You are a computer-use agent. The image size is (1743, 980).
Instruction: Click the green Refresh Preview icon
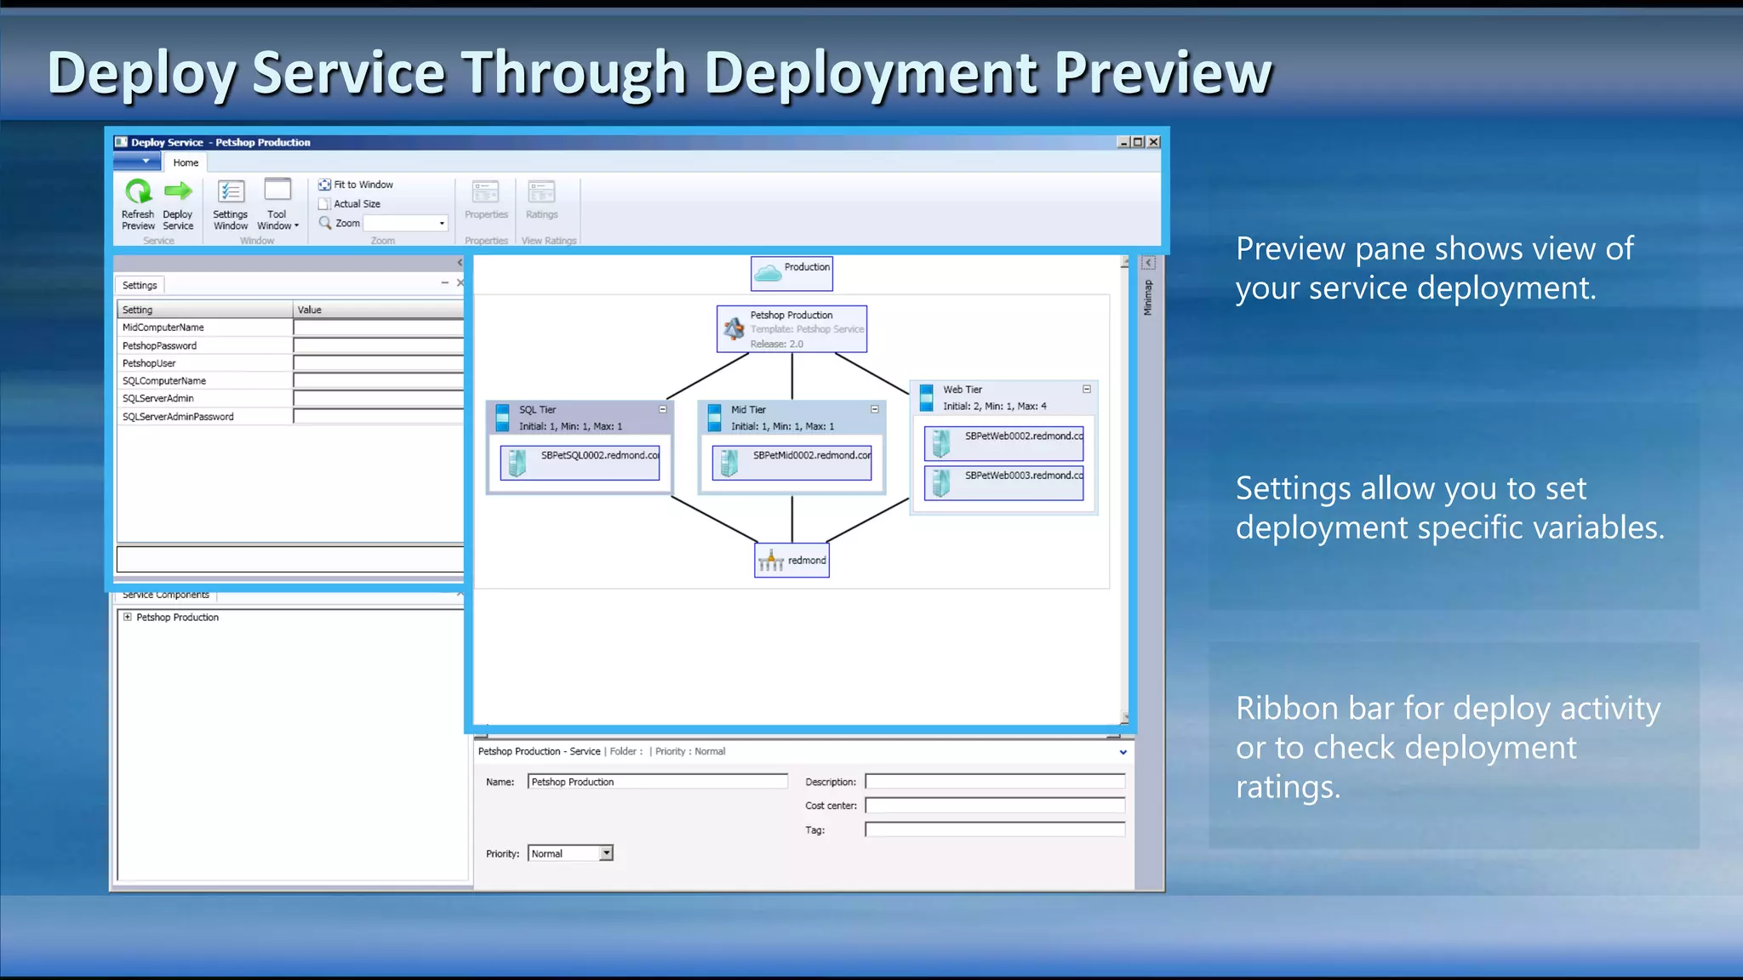tap(138, 192)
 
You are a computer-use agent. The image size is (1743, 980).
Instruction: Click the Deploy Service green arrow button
tap(178, 192)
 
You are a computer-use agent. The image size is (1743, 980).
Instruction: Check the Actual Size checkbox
tap(324, 204)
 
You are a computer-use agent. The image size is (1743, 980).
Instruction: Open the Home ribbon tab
tap(186, 162)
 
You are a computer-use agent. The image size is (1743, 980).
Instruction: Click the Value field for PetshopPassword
tap(378, 345)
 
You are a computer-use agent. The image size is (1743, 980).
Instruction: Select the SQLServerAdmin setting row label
tap(158, 399)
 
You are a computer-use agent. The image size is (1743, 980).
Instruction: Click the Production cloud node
tap(791, 273)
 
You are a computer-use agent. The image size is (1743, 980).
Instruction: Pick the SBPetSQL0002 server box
tap(580, 463)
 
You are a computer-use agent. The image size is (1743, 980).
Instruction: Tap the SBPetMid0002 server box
tap(791, 463)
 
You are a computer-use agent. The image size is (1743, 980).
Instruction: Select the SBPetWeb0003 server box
tap(1003, 482)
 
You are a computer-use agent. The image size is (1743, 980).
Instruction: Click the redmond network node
tap(791, 561)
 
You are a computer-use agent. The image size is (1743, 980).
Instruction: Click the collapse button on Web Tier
tap(1087, 389)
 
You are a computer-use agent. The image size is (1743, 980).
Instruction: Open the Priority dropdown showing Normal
tap(606, 853)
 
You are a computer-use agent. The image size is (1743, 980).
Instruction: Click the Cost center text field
tap(994, 805)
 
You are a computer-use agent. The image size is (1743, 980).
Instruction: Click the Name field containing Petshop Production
tap(657, 782)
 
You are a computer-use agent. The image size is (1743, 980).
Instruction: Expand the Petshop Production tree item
tap(128, 618)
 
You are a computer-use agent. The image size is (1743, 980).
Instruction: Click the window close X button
tap(1154, 142)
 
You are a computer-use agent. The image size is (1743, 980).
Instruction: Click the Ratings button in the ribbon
tap(541, 200)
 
